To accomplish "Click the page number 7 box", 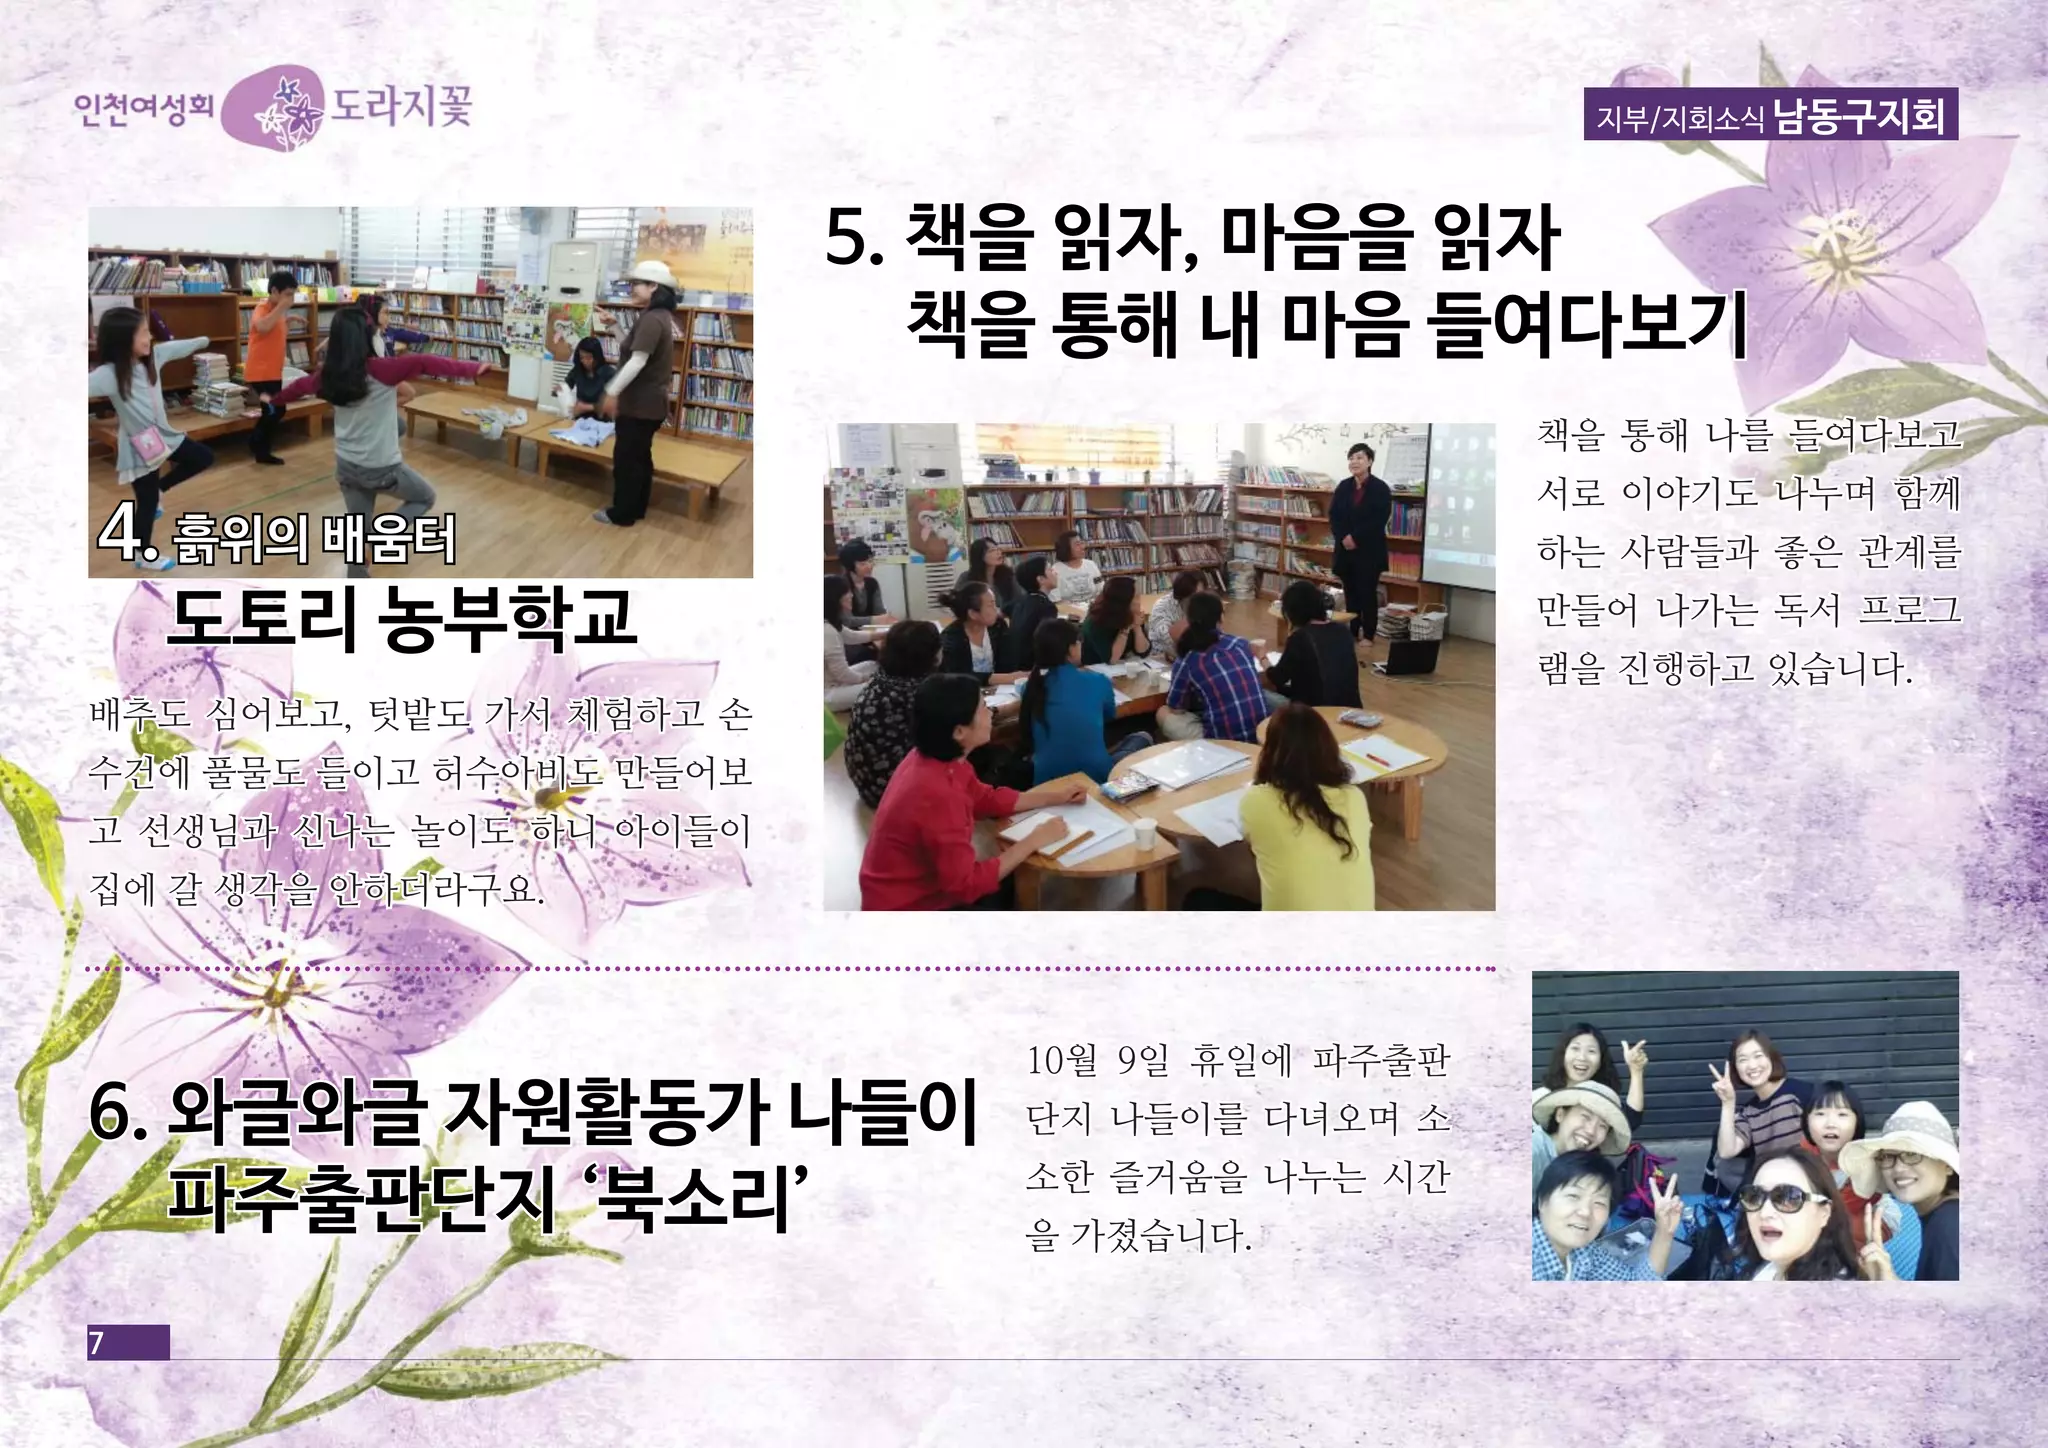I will click(x=128, y=1342).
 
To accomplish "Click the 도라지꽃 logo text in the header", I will click(x=400, y=106).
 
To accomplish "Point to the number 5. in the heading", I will click(x=855, y=242).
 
